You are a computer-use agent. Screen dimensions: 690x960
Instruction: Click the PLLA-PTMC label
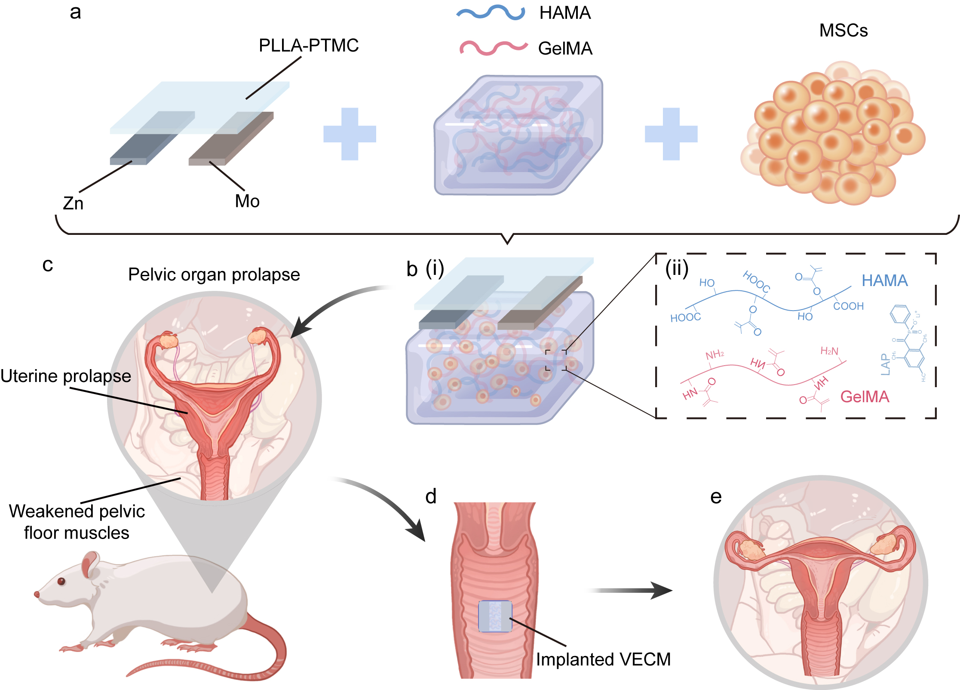[308, 46]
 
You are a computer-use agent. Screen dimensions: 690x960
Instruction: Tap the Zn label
[73, 203]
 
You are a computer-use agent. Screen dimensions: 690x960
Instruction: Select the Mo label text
[247, 201]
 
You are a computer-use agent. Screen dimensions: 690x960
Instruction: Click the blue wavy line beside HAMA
[491, 12]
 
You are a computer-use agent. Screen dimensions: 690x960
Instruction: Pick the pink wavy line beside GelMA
[493, 47]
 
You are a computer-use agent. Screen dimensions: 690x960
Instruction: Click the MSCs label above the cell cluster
[843, 31]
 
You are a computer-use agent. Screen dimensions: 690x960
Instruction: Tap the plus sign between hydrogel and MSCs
[671, 134]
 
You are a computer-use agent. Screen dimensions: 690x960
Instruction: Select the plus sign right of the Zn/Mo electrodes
[350, 134]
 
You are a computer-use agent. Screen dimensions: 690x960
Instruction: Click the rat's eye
[61, 581]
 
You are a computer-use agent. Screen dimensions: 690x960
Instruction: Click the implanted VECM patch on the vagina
[495, 616]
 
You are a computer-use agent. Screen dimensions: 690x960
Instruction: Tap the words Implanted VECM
[603, 659]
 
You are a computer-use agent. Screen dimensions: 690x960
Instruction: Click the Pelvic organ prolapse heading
[214, 274]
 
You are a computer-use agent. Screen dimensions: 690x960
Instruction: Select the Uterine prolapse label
[66, 376]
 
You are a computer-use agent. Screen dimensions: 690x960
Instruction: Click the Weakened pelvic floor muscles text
[77, 522]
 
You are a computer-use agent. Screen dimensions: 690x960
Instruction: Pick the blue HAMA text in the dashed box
[884, 280]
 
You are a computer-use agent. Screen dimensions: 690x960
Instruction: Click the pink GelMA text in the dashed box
[865, 396]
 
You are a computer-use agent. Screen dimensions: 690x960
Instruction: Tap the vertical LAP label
[885, 364]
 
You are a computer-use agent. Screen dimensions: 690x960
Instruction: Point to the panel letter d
[431, 496]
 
